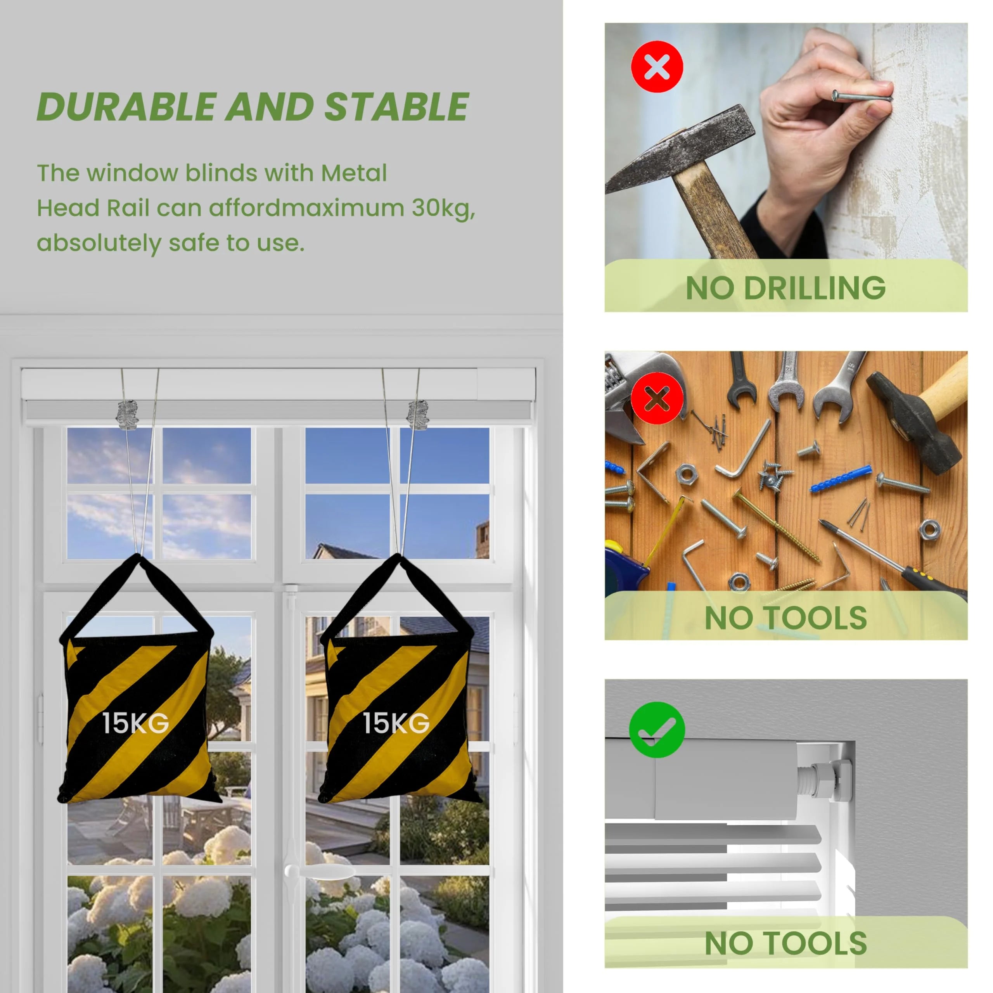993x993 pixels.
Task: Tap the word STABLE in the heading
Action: [x=396, y=107]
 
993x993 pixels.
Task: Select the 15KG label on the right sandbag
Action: [x=396, y=723]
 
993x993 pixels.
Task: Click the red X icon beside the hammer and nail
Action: [x=657, y=67]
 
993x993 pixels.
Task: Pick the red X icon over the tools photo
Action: [x=657, y=398]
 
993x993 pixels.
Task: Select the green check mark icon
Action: [x=657, y=729]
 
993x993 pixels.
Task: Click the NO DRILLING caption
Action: [x=786, y=288]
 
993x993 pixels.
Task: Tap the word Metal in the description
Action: [x=354, y=173]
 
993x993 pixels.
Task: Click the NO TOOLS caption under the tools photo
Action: [x=786, y=618]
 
